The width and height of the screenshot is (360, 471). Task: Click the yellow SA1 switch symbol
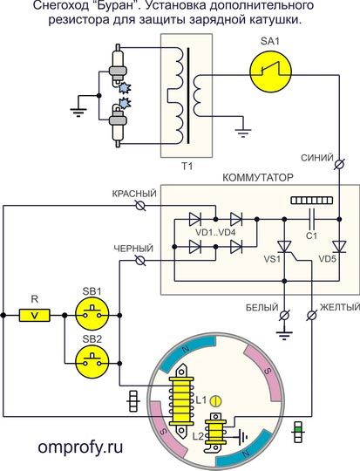[270, 72]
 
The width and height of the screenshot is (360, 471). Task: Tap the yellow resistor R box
[35, 315]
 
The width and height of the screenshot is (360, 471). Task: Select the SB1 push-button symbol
[92, 315]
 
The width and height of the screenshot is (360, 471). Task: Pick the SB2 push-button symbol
[92, 363]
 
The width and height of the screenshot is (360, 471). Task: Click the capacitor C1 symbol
[313, 219]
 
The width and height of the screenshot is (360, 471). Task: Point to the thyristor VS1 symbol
[284, 247]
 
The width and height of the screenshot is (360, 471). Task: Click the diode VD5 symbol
[339, 247]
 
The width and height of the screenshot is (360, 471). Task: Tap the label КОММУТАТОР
[258, 178]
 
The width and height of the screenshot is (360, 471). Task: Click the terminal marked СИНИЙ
[340, 164]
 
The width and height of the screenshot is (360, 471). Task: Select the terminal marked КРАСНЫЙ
[140, 206]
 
